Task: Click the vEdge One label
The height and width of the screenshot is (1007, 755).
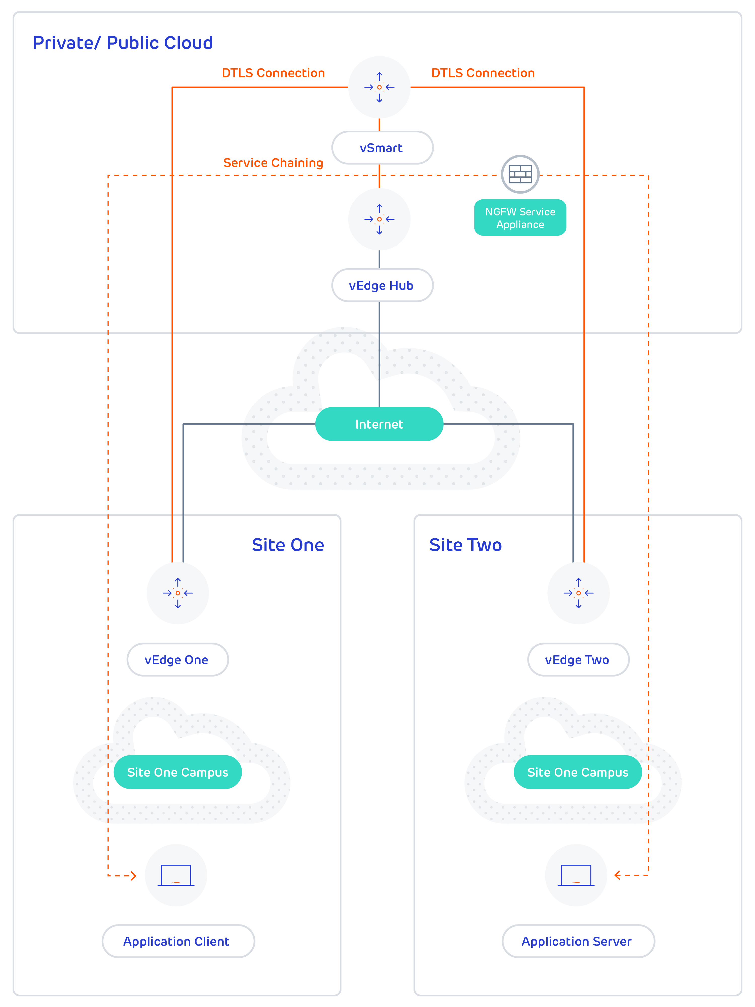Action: click(x=177, y=660)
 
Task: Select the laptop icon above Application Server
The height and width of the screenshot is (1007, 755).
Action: click(x=576, y=875)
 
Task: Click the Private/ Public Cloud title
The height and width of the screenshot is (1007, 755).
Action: click(x=123, y=43)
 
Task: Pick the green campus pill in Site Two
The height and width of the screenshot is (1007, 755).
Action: click(x=578, y=772)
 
